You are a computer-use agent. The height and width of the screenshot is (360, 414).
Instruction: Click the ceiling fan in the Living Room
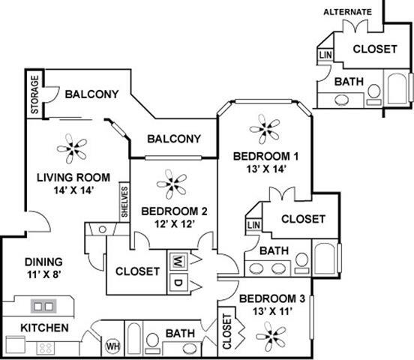coord(73,148)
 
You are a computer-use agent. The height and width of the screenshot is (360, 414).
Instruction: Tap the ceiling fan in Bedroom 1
coord(264,129)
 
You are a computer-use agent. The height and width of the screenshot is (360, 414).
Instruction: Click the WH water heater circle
coord(113,346)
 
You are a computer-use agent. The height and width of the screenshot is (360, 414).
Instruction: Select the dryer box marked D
coord(178,283)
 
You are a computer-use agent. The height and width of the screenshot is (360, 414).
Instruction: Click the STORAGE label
coord(34,95)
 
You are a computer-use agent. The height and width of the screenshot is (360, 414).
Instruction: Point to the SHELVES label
coord(124,202)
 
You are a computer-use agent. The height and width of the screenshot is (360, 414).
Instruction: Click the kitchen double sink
coord(43,306)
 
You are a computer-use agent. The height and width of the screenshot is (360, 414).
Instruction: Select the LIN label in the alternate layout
coord(325,55)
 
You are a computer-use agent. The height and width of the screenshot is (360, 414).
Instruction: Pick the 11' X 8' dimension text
coord(38,275)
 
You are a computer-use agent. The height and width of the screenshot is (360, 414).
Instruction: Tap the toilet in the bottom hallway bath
coord(151,342)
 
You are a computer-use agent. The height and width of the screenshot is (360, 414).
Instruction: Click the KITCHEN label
coord(44,328)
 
